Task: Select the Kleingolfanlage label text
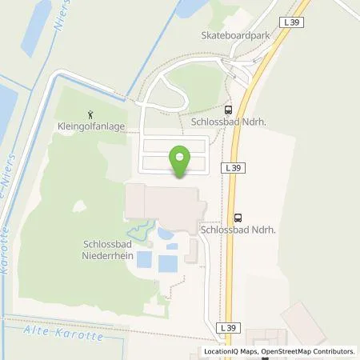point(90,126)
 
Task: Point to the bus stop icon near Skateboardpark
point(228,111)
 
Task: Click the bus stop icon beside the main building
point(237,217)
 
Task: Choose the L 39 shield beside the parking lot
point(234,167)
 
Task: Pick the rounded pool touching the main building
point(166,234)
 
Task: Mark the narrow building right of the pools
point(192,249)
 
